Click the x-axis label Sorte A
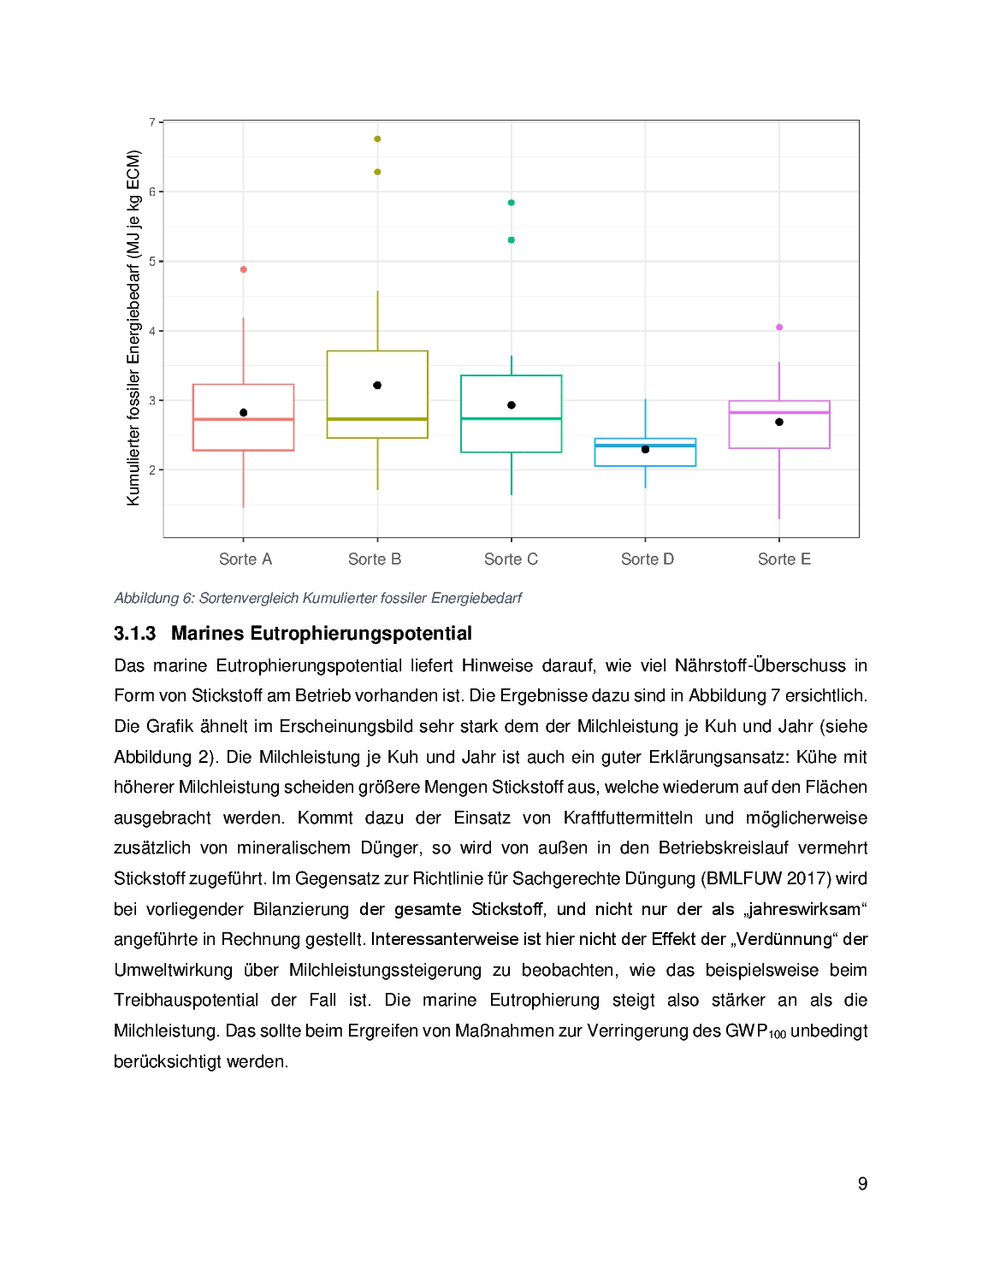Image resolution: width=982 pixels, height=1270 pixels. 245,559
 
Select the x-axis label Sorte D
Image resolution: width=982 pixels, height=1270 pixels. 648,559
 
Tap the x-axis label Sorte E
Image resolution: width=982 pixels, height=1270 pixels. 784,559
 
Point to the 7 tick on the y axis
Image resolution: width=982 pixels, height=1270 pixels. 152,122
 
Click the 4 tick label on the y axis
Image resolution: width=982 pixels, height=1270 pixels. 152,331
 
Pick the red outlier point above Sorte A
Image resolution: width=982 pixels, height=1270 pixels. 244,269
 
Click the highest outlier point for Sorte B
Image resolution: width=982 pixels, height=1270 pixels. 377,139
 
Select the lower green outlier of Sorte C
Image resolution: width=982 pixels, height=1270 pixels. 512,240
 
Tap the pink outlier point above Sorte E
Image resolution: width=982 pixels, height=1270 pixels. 779,328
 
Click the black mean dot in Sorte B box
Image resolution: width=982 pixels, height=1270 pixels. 377,386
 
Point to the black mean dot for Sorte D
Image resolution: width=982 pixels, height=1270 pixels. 646,450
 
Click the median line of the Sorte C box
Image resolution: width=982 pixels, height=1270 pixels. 512,418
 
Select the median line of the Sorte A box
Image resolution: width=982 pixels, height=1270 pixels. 244,419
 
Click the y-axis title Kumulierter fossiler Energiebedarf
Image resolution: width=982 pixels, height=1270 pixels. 133,328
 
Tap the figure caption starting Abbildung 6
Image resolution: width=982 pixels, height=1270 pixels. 318,599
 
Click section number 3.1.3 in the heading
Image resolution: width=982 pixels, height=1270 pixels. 135,634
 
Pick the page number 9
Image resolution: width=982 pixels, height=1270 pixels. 862,1184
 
